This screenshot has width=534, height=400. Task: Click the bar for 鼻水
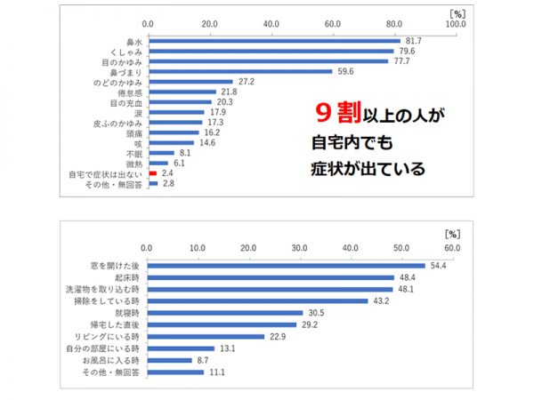(273, 40)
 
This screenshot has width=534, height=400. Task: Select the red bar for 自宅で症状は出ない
(152, 172)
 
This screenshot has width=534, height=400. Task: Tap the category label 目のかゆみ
(124, 61)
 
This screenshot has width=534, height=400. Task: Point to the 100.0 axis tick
(457, 23)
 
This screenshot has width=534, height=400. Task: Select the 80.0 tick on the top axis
(393, 23)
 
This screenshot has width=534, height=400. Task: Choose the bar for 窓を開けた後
(286, 265)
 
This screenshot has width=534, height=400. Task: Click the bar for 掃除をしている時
(257, 300)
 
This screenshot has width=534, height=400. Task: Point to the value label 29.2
(311, 325)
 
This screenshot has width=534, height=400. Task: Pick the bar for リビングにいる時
(206, 337)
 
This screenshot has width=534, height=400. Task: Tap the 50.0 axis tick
(402, 247)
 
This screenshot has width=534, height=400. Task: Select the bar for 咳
(170, 142)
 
